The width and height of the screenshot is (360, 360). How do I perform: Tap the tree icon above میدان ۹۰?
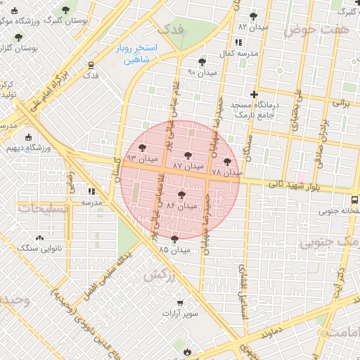pyautogui.click(x=202, y=62)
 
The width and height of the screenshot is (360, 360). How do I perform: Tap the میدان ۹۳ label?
pyautogui.click(x=142, y=160)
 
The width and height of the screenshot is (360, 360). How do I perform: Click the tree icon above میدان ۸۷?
pyautogui.click(x=187, y=155)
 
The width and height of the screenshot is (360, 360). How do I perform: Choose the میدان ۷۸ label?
pyautogui.click(x=226, y=172)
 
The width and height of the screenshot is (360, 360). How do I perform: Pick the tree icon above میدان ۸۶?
pyautogui.click(x=181, y=195)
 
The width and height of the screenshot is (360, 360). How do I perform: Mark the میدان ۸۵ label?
pyautogui.click(x=174, y=250)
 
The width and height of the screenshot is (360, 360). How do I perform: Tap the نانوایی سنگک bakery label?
pyautogui.click(x=39, y=248)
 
